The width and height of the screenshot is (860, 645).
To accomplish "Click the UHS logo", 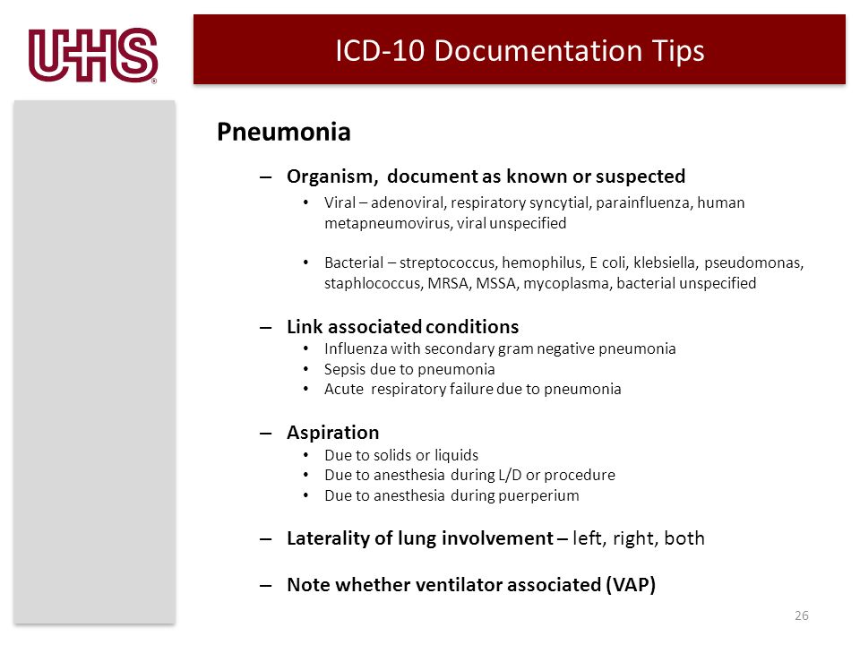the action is point(93,56).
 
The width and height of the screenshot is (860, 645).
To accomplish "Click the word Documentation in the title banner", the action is point(538,50).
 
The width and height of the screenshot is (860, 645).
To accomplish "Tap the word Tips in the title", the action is point(678,52).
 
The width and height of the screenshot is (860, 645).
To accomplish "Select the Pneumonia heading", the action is point(284,132).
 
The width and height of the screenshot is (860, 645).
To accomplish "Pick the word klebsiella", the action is point(666,262).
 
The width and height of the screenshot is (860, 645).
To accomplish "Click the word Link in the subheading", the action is point(305,327).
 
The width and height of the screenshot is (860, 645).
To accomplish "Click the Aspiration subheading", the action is point(333,434).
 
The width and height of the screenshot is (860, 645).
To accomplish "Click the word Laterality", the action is point(329,538).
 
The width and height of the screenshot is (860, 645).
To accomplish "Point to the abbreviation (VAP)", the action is point(631,585).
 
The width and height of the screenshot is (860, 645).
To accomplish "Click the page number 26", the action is point(802,616).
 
